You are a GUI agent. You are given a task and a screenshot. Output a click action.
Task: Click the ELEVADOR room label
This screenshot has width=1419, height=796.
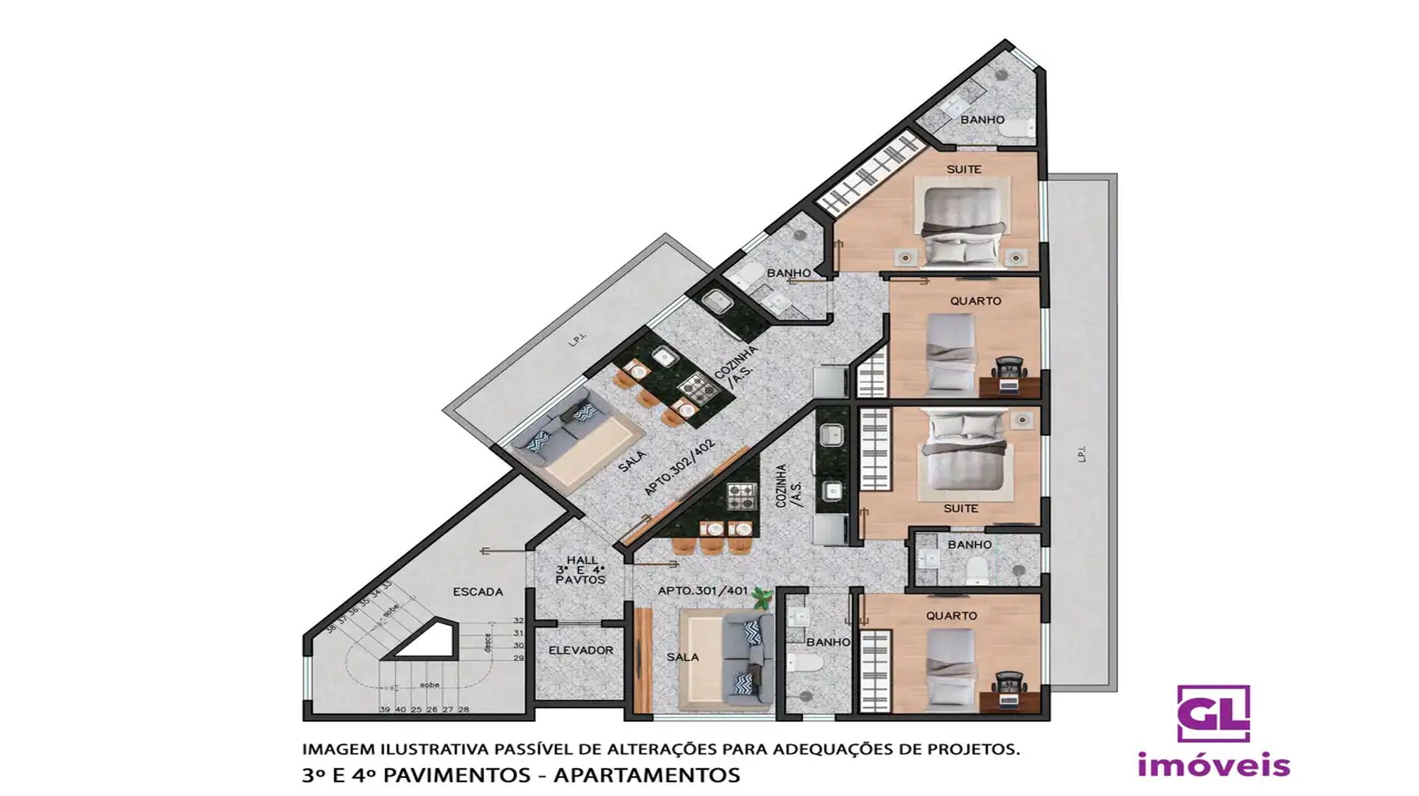[580, 651]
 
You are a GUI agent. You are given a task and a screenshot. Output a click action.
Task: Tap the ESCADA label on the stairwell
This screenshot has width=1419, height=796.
[477, 592]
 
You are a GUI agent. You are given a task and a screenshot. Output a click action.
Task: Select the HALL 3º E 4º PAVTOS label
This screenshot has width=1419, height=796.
[581, 570]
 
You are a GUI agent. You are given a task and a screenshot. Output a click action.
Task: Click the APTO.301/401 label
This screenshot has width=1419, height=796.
[703, 590]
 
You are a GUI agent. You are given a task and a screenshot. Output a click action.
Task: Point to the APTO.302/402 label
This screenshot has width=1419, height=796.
[680, 467]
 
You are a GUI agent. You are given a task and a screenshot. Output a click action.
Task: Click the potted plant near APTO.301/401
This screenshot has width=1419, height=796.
[763, 599]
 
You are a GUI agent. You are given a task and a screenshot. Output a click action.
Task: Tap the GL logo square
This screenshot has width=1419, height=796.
[1213, 713]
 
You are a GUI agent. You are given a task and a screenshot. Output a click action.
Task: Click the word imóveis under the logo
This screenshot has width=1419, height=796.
[1213, 765]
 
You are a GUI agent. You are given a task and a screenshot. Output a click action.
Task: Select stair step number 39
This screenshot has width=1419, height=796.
[385, 709]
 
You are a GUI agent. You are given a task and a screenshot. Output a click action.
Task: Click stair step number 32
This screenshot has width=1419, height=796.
[519, 621]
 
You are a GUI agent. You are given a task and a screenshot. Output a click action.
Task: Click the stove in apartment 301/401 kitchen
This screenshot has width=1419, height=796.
[742, 497]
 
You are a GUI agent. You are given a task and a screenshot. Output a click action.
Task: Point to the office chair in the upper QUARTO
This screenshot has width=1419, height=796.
[1009, 367]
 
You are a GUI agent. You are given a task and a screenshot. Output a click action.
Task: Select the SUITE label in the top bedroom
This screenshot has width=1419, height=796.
[963, 170]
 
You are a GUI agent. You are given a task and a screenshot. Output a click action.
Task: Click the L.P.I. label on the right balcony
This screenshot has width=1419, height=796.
[1082, 454]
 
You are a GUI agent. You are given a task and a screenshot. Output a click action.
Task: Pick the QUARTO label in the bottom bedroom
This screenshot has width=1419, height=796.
[952, 616]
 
